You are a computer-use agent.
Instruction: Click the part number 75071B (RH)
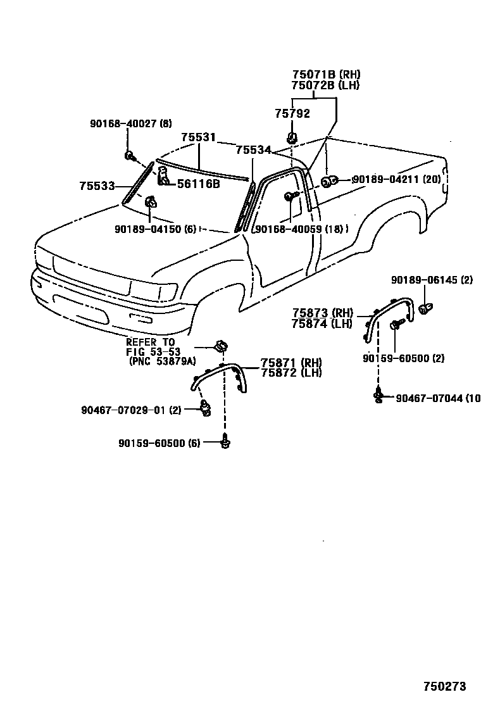[326, 74]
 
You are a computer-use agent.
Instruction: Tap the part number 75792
[292, 113]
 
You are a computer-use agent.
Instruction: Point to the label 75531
[198, 137]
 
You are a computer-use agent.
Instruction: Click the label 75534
[253, 150]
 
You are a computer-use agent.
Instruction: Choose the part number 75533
[97, 185]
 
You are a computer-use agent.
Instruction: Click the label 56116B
[198, 184]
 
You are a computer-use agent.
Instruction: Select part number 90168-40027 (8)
[130, 123]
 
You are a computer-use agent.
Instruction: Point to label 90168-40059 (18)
[299, 229]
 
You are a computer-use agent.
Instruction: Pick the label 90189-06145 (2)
[432, 279]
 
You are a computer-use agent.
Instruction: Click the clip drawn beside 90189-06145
[425, 309]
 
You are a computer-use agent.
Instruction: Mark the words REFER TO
[150, 342]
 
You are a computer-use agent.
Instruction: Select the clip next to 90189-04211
[327, 182]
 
